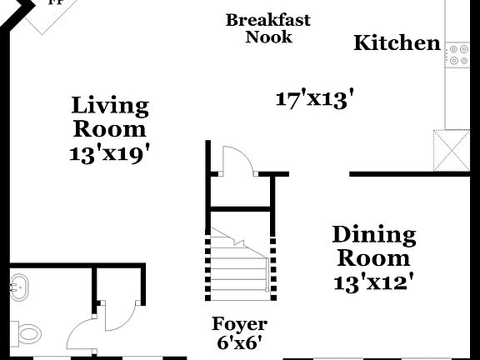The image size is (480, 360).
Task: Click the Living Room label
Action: pos(110,117)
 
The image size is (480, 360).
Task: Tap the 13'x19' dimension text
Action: pos(111,153)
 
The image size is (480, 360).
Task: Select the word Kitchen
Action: pos(397,43)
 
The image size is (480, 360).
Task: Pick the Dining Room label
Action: pos(373,246)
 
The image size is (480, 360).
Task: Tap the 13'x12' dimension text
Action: pos(373,282)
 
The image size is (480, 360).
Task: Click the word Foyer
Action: pos(239,324)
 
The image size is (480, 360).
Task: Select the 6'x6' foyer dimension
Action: pos(239,342)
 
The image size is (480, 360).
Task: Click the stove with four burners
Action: pos(457,55)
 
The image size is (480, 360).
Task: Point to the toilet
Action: pos(27,334)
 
